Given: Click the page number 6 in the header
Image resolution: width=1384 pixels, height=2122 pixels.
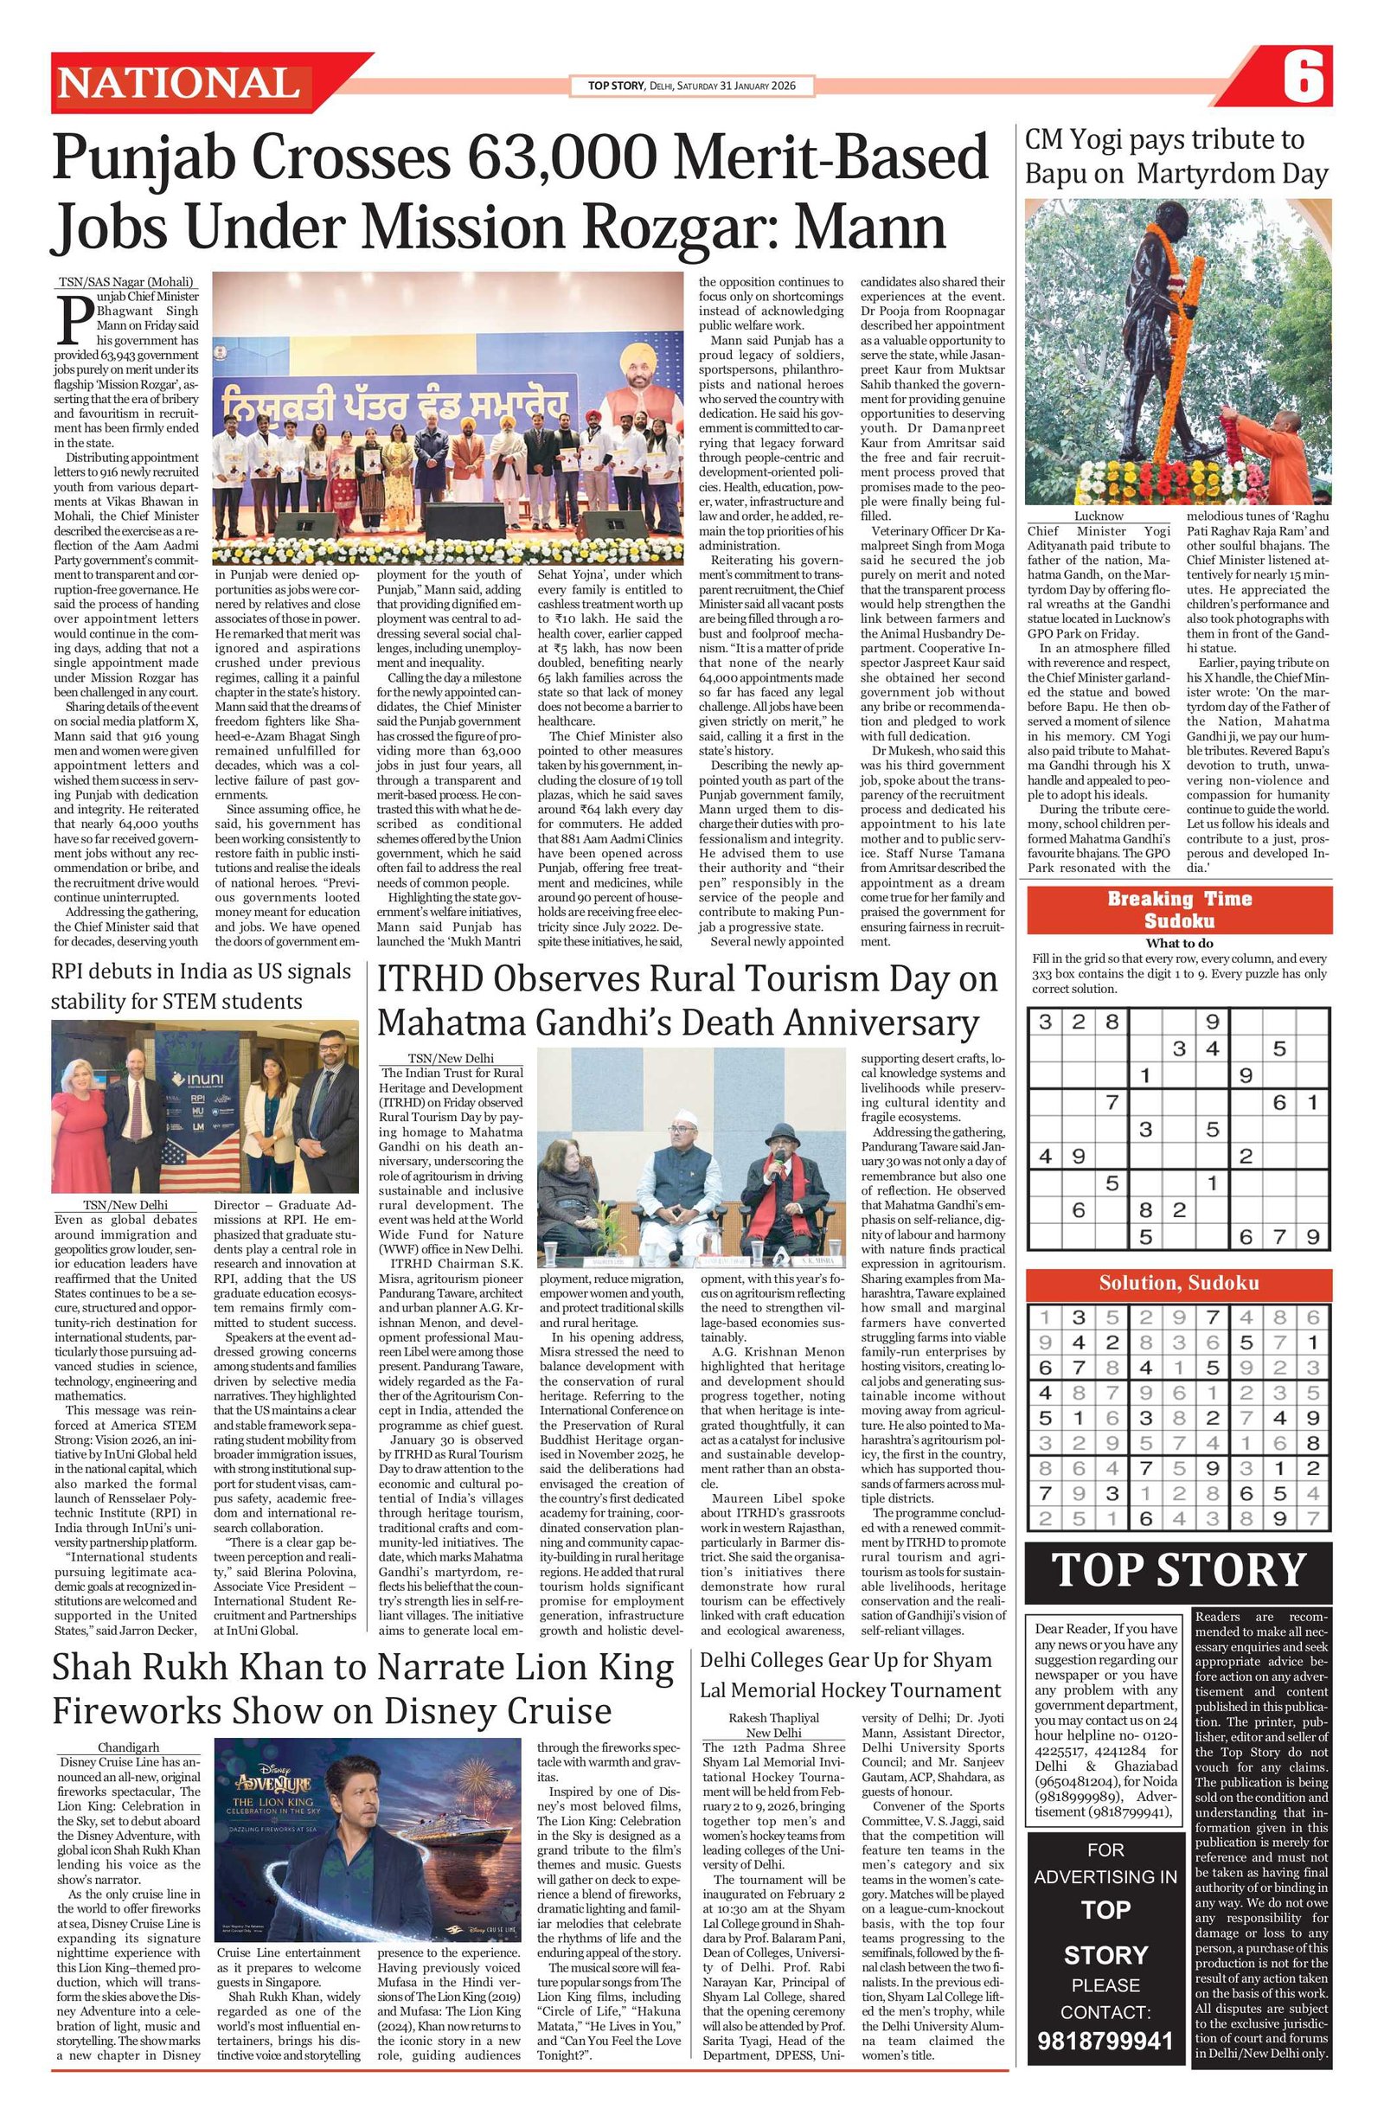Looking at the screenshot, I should coord(1303,79).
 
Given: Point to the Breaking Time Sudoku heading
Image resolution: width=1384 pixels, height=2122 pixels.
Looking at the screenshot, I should coord(1179,909).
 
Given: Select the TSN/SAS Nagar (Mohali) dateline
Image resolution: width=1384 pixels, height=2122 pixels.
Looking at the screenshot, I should coord(125,283).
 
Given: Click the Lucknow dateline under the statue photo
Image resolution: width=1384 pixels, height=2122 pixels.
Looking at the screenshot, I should coord(1098,516).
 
